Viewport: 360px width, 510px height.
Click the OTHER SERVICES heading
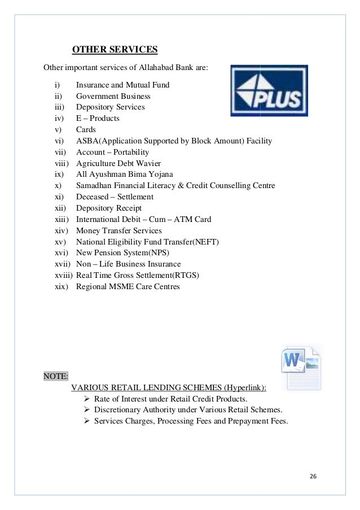pyautogui.click(x=115, y=50)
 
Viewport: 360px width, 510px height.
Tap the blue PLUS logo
pyautogui.click(x=268, y=90)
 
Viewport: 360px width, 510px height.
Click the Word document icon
pyautogui.click(x=300, y=367)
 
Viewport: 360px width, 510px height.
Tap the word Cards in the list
pyautogui.click(x=86, y=130)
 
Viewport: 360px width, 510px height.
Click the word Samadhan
pyautogui.click(x=95, y=186)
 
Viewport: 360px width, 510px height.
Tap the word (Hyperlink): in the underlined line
pyautogui.click(x=245, y=387)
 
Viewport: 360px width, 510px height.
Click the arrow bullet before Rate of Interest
pyautogui.click(x=87, y=399)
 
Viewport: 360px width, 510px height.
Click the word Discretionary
pyautogui.click(x=118, y=410)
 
